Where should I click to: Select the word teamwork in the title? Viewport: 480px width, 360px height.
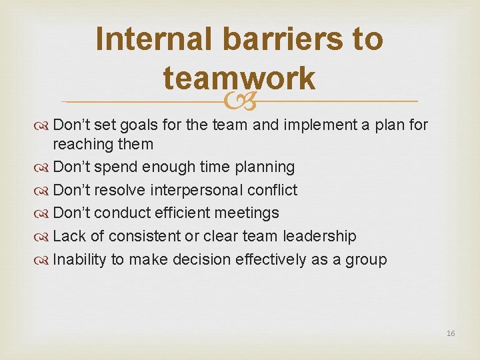(x=239, y=78)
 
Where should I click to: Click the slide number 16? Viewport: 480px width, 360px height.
(x=451, y=333)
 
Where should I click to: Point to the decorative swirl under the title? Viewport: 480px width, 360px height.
(x=240, y=101)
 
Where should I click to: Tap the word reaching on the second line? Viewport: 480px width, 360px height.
(x=82, y=144)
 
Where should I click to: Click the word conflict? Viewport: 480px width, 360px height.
(x=272, y=191)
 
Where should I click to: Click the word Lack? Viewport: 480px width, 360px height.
(x=68, y=237)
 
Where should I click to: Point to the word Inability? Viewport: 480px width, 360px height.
(x=79, y=259)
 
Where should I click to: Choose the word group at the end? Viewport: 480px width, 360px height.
(x=366, y=260)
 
